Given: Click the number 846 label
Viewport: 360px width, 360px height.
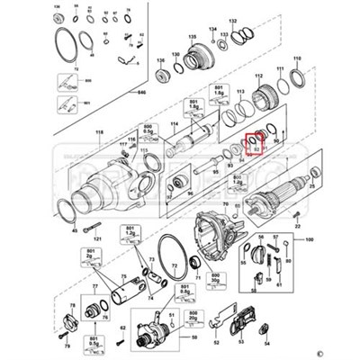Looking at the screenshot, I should coord(140,92).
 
